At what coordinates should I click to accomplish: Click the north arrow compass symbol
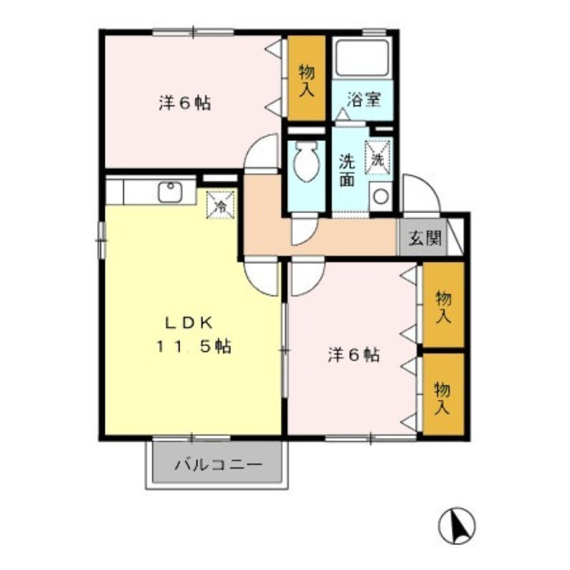click(x=456, y=525)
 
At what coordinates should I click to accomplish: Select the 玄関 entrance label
click(x=424, y=238)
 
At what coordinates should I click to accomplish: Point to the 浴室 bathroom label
click(x=363, y=99)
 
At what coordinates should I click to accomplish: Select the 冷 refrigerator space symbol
click(x=222, y=205)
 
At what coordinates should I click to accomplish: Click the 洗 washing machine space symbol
click(x=377, y=158)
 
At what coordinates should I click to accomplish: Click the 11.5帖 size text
click(x=193, y=348)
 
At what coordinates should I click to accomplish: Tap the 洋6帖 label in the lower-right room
click(x=353, y=354)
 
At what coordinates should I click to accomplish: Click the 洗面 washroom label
click(x=347, y=170)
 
